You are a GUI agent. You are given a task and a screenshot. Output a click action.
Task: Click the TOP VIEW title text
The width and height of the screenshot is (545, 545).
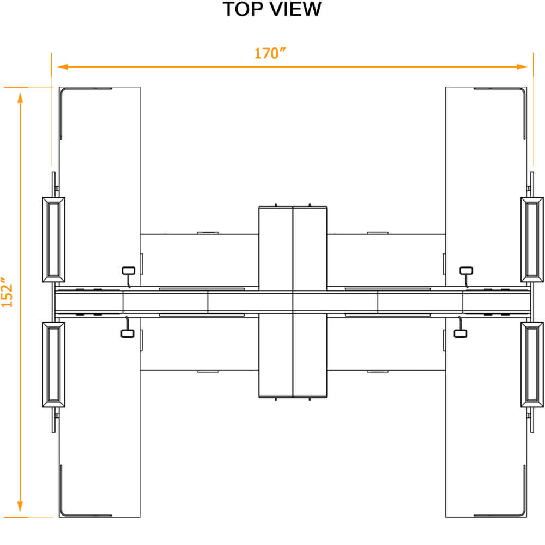(272, 9)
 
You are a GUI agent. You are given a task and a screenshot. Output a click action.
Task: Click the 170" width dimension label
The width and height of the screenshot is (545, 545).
(270, 53)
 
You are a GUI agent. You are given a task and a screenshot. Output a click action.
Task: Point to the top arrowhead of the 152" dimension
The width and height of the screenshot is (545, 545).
(21, 98)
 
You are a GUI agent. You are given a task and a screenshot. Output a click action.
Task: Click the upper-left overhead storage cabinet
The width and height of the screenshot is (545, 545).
(53, 239)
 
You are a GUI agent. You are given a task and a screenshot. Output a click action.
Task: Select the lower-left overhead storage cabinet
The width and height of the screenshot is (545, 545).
(53, 364)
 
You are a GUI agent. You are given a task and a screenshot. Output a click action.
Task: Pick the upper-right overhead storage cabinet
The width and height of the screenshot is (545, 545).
(532, 239)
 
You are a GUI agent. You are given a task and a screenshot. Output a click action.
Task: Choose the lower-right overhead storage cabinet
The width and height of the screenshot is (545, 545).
(532, 364)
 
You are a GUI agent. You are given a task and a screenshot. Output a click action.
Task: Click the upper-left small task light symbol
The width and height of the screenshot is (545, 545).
(128, 270)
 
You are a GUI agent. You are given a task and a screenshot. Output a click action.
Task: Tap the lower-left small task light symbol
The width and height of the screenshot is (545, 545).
(128, 332)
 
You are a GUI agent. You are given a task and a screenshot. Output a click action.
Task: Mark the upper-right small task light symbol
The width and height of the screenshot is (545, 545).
(467, 270)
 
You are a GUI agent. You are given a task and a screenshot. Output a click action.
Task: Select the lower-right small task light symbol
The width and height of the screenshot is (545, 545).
(461, 332)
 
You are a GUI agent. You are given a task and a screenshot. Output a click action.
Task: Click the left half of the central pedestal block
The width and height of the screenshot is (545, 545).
(276, 302)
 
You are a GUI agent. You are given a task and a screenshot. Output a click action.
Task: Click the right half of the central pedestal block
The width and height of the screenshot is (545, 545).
(310, 302)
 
